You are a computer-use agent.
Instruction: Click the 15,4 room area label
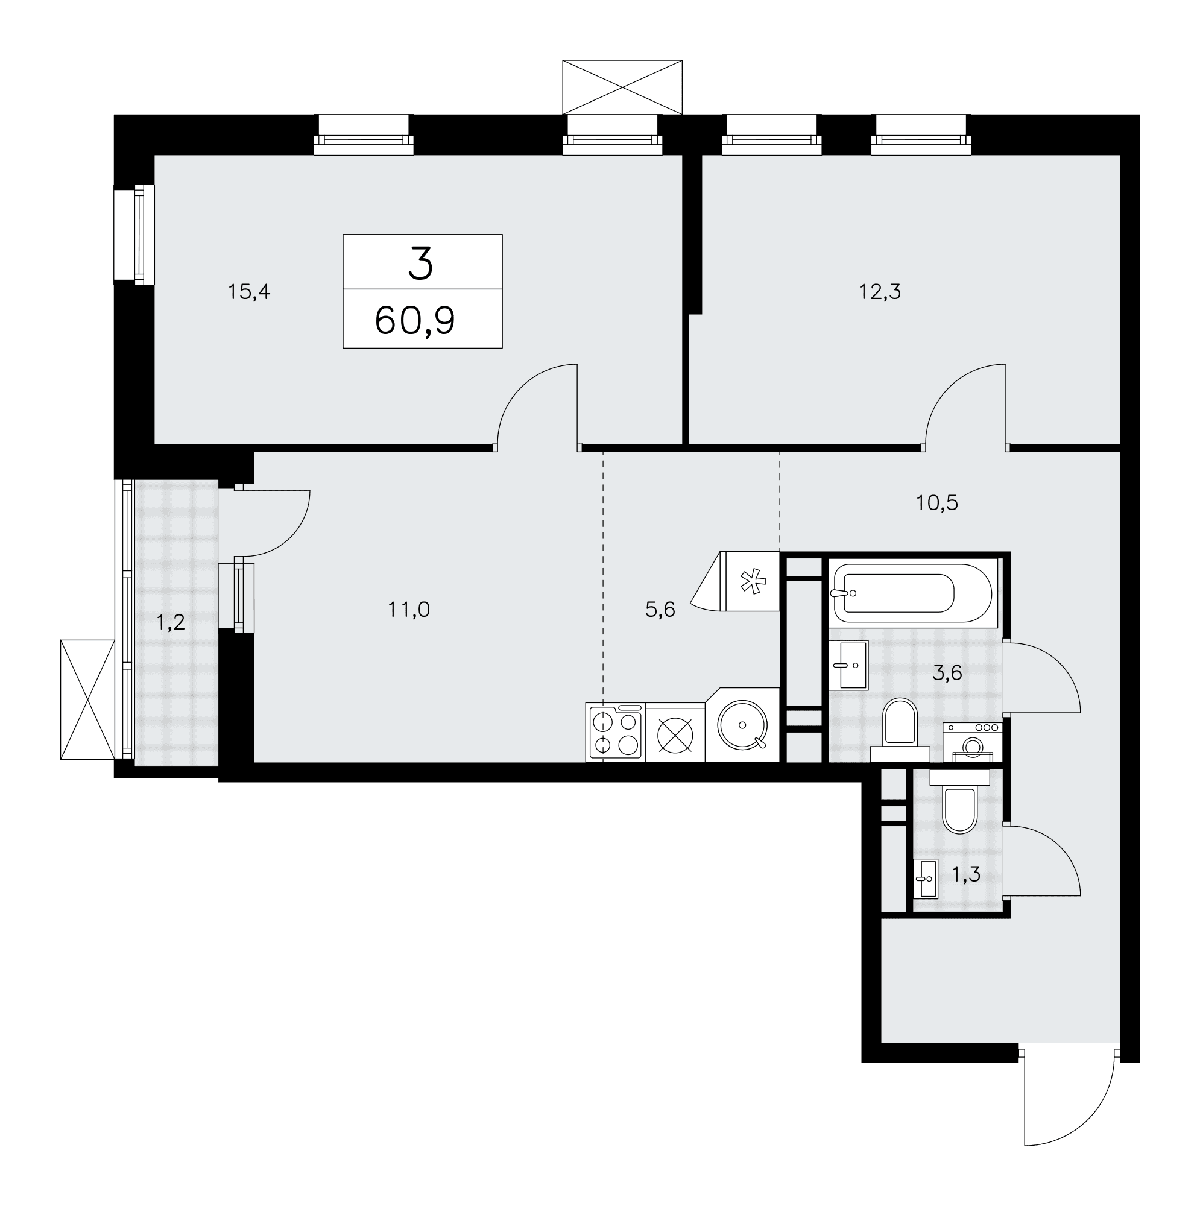249,291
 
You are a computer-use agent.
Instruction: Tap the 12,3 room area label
880,291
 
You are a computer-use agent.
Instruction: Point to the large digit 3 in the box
421,264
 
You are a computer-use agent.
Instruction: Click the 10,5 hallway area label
937,502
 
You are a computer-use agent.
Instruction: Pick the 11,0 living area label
409,610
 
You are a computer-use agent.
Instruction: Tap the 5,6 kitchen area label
660,610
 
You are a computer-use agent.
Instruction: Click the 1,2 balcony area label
171,622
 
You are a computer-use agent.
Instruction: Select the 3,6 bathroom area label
947,673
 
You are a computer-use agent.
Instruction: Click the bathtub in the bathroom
912,593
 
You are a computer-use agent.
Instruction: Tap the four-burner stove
616,733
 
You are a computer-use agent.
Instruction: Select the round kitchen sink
742,725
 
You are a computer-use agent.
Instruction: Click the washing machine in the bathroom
972,743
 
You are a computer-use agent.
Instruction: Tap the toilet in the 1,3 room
959,802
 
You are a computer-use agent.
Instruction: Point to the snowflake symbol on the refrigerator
752,582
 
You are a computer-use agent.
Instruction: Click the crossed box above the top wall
622,87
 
